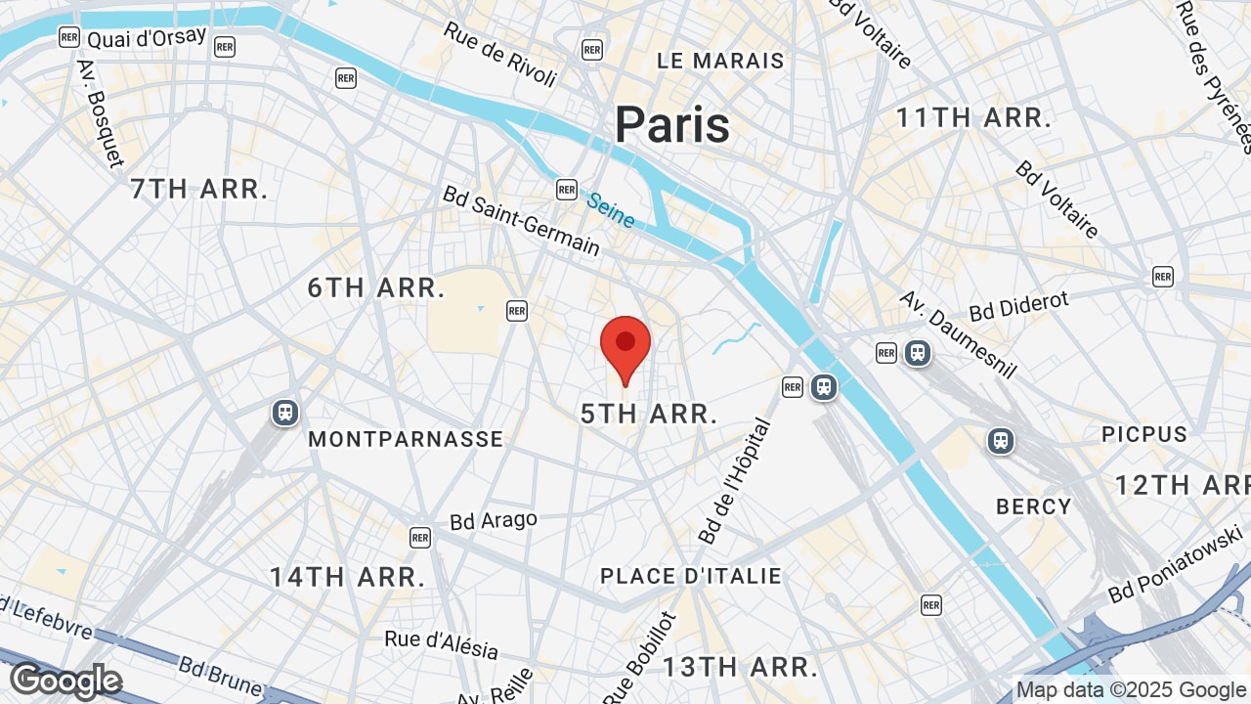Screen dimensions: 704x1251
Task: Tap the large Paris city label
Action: point(672,125)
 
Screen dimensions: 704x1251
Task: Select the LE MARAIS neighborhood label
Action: point(720,61)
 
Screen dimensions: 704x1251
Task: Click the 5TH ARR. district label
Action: point(649,414)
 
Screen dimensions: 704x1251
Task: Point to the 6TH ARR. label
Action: point(376,288)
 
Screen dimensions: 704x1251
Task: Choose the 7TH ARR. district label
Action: point(199,190)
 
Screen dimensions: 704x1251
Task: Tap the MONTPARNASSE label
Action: point(406,440)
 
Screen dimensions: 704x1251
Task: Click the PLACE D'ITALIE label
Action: point(691,577)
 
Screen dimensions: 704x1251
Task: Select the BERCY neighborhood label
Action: point(1034,506)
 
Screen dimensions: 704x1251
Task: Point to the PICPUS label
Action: point(1144,434)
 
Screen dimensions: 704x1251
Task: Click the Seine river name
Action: point(611,209)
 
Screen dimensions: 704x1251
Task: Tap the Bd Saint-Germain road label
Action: point(521,221)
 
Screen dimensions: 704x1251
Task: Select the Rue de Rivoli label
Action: point(500,53)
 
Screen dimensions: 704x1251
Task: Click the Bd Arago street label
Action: point(494,520)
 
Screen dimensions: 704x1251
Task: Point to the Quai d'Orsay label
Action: point(147,37)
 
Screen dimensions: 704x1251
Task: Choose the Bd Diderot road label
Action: point(1019,306)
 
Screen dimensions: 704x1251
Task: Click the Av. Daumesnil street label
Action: point(958,333)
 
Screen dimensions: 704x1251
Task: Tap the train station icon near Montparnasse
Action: point(285,413)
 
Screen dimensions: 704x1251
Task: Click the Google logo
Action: point(65,681)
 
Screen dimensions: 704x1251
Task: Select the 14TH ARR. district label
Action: point(348,577)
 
